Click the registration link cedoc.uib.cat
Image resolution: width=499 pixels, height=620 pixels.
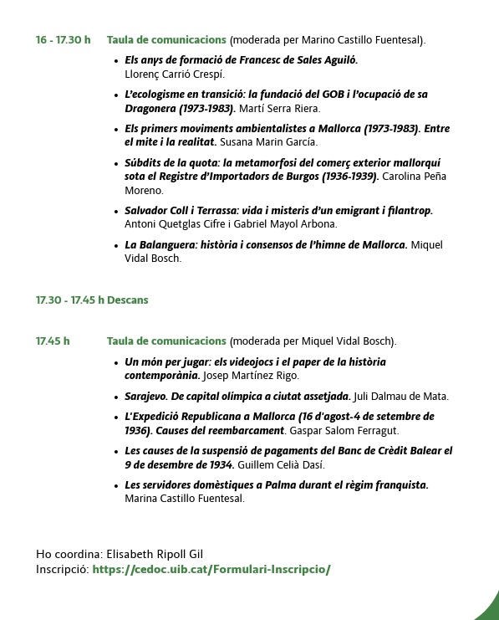(x=211, y=569)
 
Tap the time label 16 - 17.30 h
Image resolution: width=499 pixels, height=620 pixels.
(x=63, y=39)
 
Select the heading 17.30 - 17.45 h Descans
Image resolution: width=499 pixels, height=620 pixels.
(x=92, y=300)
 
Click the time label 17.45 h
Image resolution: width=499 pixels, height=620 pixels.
(x=53, y=341)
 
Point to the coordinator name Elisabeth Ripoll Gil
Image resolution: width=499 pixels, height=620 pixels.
(x=155, y=554)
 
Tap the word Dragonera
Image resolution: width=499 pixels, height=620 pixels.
(x=150, y=108)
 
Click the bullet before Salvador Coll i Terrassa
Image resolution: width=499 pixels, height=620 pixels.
(x=115, y=211)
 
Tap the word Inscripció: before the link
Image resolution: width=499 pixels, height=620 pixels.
(x=63, y=569)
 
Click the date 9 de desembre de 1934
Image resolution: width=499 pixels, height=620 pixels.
(x=179, y=464)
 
